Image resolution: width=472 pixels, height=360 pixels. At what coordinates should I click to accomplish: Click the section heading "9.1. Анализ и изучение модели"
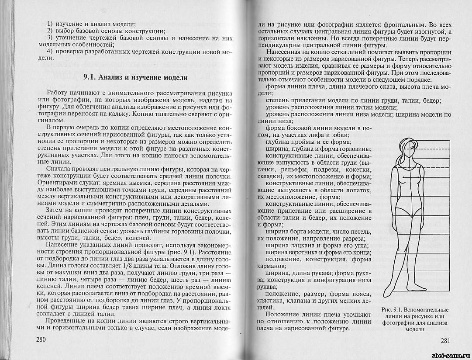(135, 78)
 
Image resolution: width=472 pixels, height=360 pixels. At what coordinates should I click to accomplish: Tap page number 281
(442, 341)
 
